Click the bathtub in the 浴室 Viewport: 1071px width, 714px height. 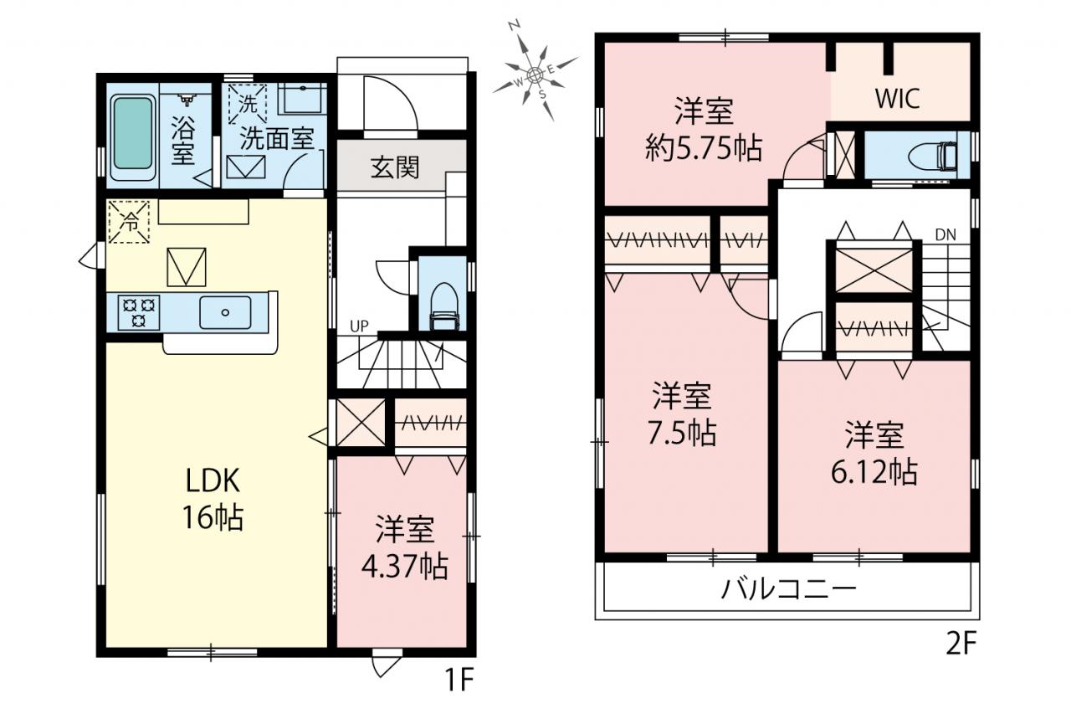coord(133,136)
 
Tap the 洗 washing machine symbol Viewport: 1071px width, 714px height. coord(247,105)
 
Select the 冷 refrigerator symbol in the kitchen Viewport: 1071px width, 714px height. coord(129,222)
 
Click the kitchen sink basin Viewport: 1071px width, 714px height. coord(225,312)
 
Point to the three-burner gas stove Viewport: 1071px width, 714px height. coord(139,312)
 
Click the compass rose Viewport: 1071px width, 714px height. coord(535,73)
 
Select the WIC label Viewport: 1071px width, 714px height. coord(898,99)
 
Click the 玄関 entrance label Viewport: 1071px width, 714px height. coord(396,167)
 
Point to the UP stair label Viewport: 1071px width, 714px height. coord(359,326)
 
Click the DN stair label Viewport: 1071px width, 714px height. coord(945,235)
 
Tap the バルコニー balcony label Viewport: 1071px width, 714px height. coord(788,589)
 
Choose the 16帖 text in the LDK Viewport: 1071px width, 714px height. coord(213,517)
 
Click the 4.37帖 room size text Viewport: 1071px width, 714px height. coord(404,567)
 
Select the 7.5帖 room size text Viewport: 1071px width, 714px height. coord(682,433)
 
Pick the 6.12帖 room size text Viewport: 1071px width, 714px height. coord(874,472)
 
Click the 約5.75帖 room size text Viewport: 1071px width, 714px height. coord(704,148)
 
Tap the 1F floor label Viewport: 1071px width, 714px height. coord(459,680)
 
